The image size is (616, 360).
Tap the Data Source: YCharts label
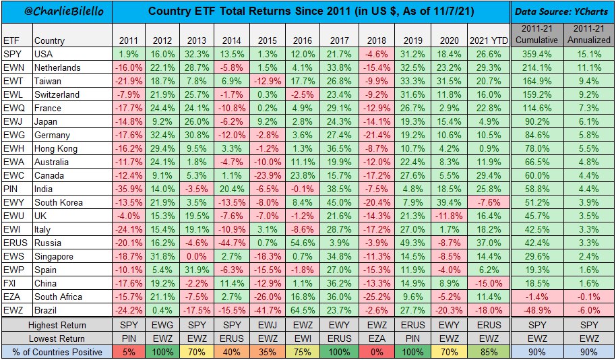point(562,11)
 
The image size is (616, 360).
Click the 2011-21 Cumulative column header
point(536,34)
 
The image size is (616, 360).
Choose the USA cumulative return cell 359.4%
point(536,54)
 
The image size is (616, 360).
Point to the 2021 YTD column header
point(487,40)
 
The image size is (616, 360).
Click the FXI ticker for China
point(11,283)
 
